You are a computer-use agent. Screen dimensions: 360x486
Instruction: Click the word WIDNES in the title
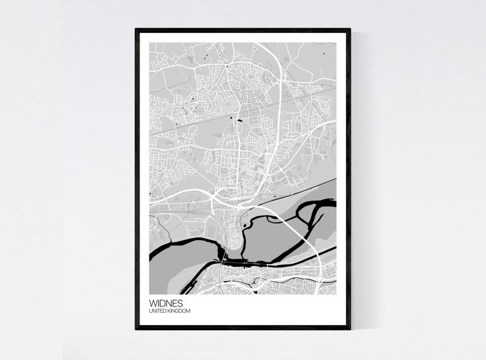(x=165, y=302)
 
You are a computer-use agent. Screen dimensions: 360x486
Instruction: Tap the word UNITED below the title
(x=157, y=311)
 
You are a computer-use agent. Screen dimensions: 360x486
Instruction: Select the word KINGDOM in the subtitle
(x=179, y=311)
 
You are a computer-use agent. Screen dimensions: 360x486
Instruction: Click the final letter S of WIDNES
(x=179, y=302)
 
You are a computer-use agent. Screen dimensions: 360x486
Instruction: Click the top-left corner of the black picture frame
(x=136, y=29)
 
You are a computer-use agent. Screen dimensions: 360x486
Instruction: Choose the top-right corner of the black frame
(x=350, y=29)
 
